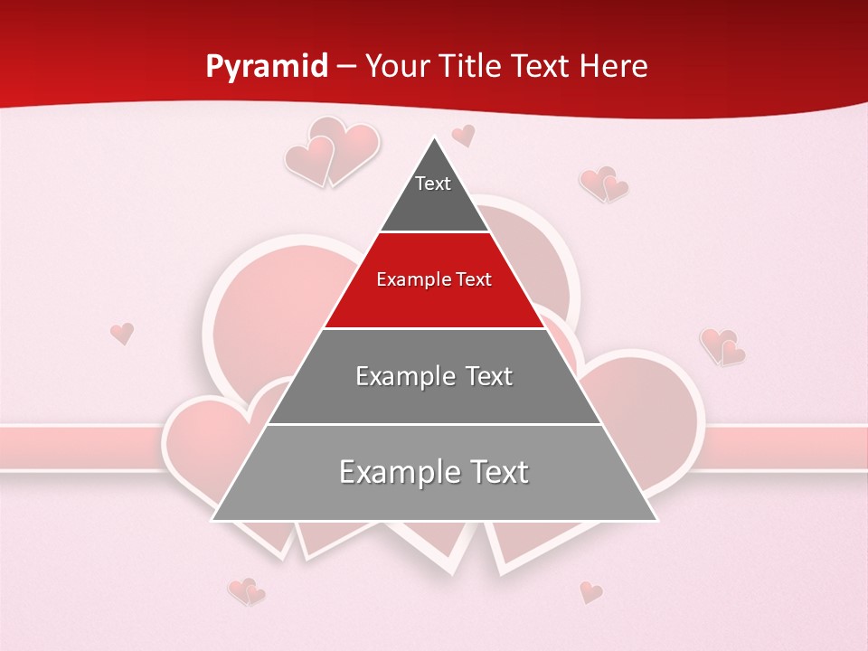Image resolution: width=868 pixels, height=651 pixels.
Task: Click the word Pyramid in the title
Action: (x=267, y=67)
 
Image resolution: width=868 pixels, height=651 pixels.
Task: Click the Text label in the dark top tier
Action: (x=433, y=184)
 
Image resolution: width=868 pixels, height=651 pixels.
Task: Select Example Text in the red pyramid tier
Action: (x=434, y=279)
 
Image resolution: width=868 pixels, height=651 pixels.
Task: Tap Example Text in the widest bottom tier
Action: (x=434, y=472)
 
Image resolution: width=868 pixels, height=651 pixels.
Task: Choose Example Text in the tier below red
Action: (x=434, y=376)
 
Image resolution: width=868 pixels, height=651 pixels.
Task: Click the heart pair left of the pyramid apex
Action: (x=331, y=151)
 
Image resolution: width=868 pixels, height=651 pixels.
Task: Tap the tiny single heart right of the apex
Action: (x=464, y=136)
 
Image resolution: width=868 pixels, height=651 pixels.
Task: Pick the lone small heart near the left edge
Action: (x=122, y=333)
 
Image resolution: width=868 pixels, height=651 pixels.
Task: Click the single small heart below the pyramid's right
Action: (x=590, y=592)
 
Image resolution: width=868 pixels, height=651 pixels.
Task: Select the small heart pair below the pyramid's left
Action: (x=246, y=591)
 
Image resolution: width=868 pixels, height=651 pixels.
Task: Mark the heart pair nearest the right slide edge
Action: (x=722, y=346)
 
